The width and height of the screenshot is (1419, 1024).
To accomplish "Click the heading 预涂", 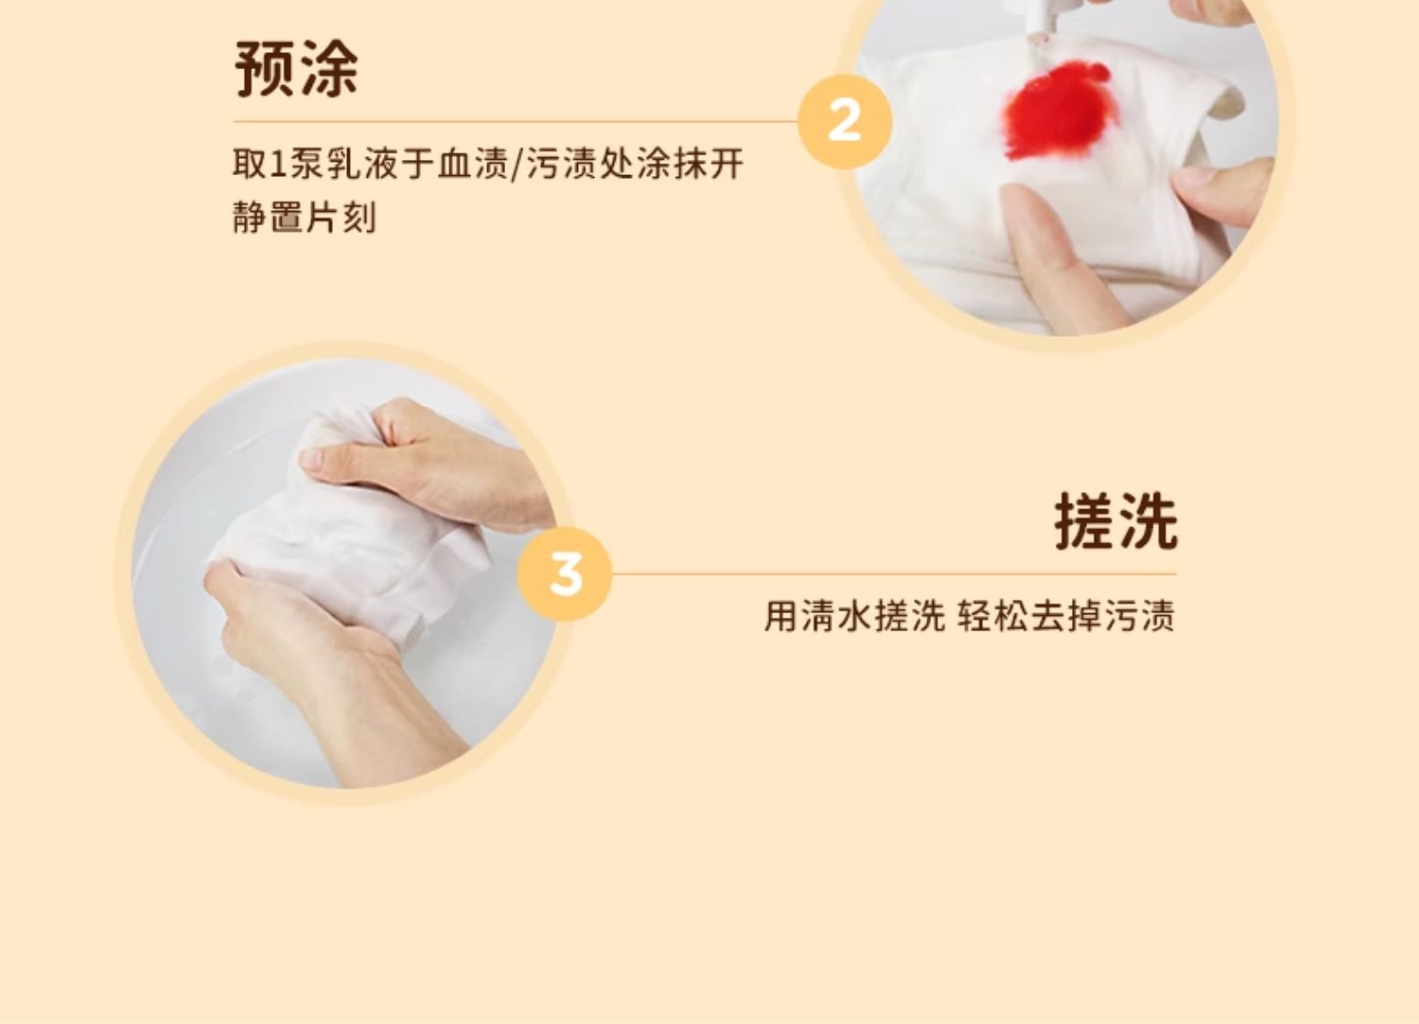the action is (296, 68).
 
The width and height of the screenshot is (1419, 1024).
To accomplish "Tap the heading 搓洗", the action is (1115, 521).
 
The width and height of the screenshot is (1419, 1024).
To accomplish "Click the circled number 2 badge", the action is (845, 121).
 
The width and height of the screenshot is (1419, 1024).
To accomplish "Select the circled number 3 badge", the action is (565, 574).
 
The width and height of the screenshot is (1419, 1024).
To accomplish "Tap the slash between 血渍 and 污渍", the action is (517, 164).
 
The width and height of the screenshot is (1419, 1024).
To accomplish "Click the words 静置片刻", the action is (305, 218).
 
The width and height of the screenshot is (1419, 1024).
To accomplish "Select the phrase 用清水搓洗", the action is (854, 616).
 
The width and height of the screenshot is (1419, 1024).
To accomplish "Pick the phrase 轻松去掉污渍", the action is (1066, 616).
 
